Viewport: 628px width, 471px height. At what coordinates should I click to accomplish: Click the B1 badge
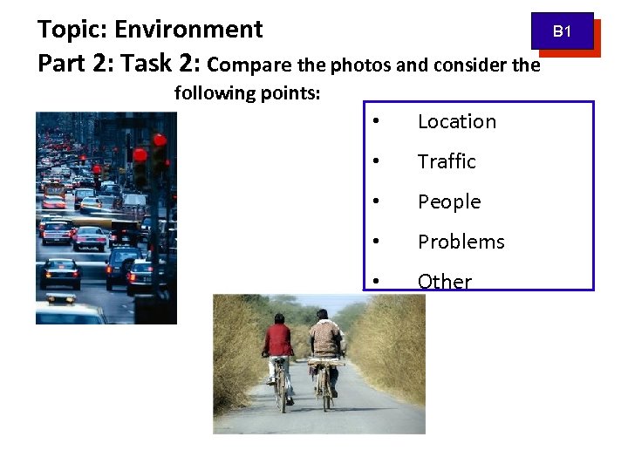(x=563, y=31)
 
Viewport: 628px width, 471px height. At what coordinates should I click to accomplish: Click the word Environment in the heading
(x=188, y=30)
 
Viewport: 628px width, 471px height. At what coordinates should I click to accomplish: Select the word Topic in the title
(x=70, y=30)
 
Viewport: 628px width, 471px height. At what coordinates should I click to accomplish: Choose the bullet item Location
(x=456, y=122)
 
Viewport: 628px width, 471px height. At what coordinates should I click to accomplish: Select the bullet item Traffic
(x=447, y=161)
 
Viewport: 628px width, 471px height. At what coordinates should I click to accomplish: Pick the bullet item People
(x=449, y=201)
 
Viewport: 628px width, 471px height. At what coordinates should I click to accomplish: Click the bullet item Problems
(x=461, y=242)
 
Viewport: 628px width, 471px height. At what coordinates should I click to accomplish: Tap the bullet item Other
(x=444, y=281)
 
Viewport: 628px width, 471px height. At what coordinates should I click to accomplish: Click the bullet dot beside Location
(x=374, y=122)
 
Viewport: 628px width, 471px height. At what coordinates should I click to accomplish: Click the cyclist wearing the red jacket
(x=279, y=345)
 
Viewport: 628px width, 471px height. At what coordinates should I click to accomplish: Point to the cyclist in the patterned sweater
(x=327, y=340)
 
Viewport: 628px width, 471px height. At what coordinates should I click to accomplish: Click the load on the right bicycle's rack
(x=325, y=359)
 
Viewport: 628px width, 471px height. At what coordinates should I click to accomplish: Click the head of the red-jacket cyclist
(x=280, y=318)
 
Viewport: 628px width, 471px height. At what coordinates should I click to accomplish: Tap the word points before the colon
(x=295, y=92)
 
